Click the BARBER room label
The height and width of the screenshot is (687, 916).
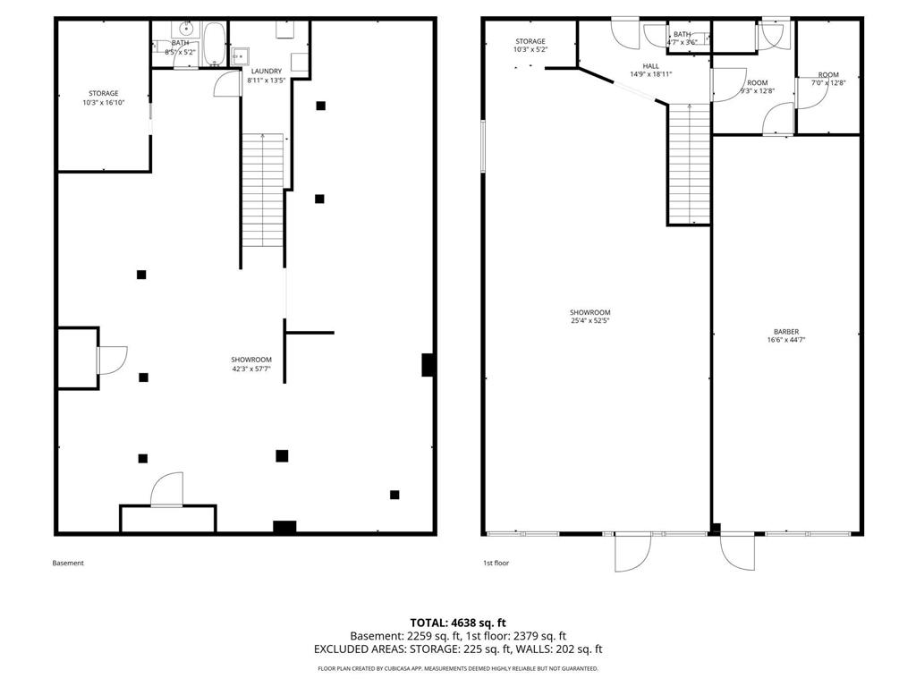point(785,332)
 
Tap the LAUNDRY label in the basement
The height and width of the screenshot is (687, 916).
point(267,72)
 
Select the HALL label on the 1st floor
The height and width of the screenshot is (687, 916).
point(651,66)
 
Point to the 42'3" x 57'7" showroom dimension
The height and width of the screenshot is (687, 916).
point(251,369)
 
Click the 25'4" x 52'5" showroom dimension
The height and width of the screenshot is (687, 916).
point(590,321)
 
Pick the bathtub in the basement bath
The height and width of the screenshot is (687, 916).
point(214,44)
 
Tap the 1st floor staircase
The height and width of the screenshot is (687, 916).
point(690,164)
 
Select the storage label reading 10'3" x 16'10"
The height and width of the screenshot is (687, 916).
point(104,103)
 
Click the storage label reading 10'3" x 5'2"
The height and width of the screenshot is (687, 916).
point(530,50)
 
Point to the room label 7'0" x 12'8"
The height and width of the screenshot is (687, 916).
point(828,83)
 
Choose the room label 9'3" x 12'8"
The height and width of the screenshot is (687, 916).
point(758,90)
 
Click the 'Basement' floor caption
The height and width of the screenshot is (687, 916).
point(68,564)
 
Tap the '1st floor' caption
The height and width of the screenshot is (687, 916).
point(496,564)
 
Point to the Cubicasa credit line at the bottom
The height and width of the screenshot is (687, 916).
point(458,668)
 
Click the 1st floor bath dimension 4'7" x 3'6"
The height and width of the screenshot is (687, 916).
point(683,42)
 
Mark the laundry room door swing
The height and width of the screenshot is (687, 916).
point(228,82)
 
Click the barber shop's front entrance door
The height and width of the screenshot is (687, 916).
point(737,553)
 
